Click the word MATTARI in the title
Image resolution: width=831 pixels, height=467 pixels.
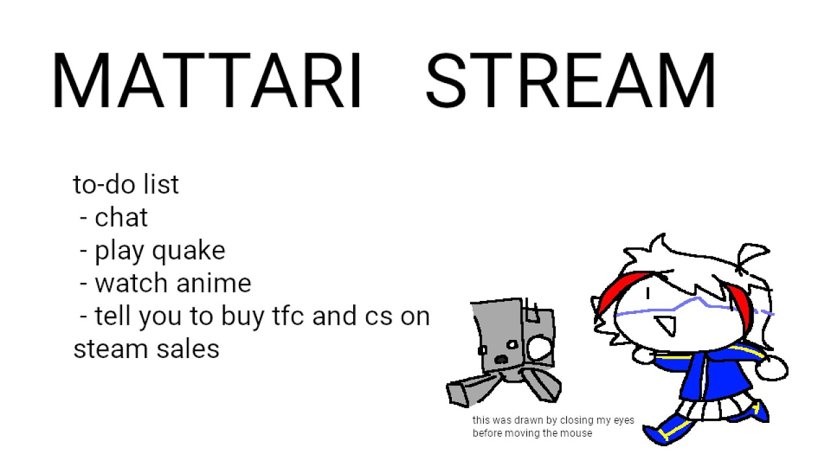point(207,80)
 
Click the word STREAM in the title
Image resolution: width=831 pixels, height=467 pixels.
point(571,80)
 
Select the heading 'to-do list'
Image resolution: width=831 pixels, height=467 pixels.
point(126,184)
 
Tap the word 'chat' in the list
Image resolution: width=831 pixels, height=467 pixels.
point(121,217)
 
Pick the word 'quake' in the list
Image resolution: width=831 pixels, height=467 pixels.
point(188,252)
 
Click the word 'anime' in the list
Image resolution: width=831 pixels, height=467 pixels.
point(214,283)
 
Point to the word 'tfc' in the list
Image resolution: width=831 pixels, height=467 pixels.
point(288,316)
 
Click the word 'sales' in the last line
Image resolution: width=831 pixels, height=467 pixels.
point(188,349)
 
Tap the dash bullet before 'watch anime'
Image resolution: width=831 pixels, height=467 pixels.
point(84,284)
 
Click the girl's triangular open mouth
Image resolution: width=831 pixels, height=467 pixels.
point(667,326)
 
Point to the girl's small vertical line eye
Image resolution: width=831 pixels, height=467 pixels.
point(648,293)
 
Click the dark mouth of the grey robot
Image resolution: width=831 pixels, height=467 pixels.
point(501,359)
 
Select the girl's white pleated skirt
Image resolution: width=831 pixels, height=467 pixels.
point(716,409)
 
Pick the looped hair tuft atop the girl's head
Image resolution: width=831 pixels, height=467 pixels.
point(753,256)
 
